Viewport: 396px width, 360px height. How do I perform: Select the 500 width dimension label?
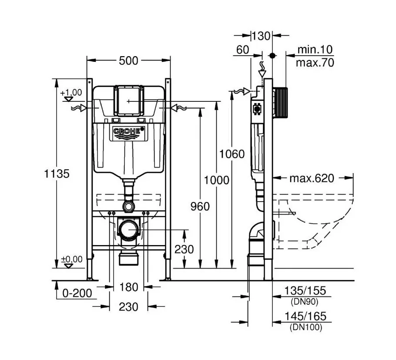[x=128, y=61]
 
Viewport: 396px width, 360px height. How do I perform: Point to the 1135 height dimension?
[x=57, y=174]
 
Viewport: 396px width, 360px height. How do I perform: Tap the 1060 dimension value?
[x=232, y=154]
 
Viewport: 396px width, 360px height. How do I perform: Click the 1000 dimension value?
[x=216, y=180]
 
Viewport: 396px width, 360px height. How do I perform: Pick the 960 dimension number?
[x=200, y=206]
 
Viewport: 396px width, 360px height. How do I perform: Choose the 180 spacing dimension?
[x=128, y=287]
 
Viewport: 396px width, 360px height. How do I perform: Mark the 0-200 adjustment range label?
[x=77, y=293]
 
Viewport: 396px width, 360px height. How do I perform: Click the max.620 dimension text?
[x=312, y=178]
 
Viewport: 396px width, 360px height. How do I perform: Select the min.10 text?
[x=315, y=50]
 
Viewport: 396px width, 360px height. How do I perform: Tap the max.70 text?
[x=315, y=62]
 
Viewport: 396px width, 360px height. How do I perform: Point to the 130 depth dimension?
[x=261, y=36]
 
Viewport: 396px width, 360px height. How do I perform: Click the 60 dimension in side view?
[x=243, y=50]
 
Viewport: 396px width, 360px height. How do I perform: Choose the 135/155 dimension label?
[x=305, y=290]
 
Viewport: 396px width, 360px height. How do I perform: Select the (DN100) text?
[x=306, y=327]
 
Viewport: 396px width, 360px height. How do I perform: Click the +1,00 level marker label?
[x=71, y=92]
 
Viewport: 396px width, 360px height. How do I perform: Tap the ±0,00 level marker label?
[x=72, y=259]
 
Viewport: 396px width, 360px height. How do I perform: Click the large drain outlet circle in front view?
[x=128, y=229]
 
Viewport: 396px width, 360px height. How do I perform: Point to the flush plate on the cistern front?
[x=128, y=101]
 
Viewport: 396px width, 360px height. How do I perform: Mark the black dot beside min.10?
[x=272, y=56]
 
